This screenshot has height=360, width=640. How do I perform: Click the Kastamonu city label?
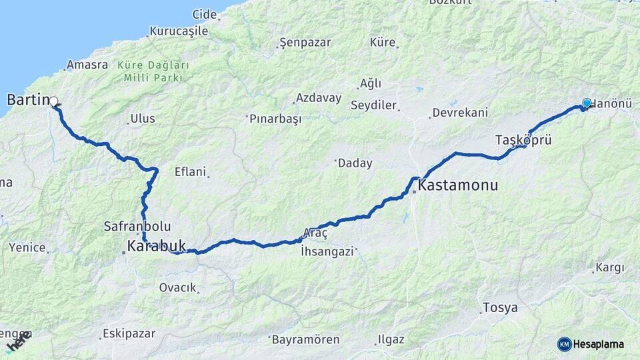pos(459,186)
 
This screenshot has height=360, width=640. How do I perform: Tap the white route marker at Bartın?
pos(54,102)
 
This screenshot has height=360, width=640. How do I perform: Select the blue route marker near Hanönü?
pos(587,103)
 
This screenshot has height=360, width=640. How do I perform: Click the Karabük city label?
pos(156,247)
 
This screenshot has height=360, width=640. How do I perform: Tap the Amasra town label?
pos(87,65)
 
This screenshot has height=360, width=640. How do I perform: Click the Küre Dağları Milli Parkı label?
pos(153,71)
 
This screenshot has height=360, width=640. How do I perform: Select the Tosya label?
pos(500,308)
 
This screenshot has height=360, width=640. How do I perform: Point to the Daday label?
pos(355,163)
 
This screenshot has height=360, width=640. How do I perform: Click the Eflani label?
pos(190,171)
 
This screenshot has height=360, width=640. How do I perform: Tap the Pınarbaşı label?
pos(275,119)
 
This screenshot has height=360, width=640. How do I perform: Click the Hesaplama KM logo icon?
pos(564,344)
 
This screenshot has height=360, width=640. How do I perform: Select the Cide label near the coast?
pos(205,14)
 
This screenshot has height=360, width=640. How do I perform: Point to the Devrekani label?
pos(460,113)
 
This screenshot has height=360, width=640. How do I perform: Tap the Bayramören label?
pos(306,339)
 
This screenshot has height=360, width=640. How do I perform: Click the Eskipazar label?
pos(129,333)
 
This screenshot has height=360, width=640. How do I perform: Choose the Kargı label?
pos(610,268)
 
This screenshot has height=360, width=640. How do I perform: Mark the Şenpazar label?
pos(305,43)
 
